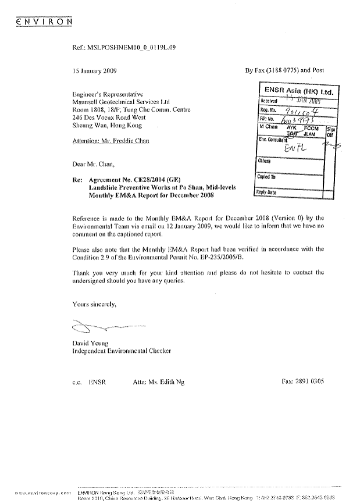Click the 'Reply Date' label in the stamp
(266, 192)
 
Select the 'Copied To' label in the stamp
(267, 177)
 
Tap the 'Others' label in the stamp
(264, 161)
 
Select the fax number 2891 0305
(311, 382)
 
